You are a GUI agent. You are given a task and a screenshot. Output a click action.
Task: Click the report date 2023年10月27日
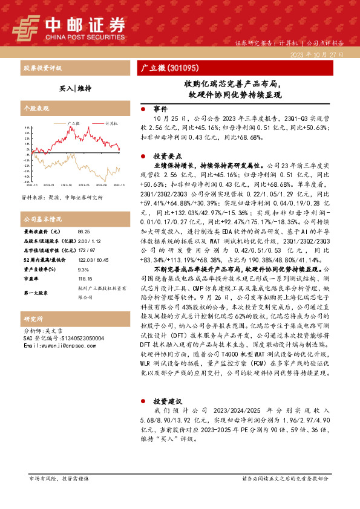tap(318, 54)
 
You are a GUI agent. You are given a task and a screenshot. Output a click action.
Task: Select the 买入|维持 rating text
tap(75, 88)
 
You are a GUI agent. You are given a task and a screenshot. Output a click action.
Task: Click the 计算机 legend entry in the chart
tap(111, 123)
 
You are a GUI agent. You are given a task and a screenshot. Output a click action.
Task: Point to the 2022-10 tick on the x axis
tap(30, 184)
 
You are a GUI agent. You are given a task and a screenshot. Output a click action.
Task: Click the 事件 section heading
tap(160, 109)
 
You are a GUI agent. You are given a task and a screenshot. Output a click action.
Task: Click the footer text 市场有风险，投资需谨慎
tap(59, 479)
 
